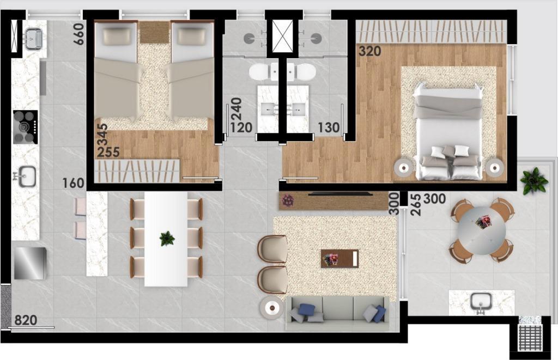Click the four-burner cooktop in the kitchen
[x=25, y=127]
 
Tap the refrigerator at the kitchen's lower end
[x=30, y=263]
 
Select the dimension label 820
[x=26, y=320]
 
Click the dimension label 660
[x=78, y=34]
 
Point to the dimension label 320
[x=370, y=51]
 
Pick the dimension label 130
[x=329, y=127]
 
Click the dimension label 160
[x=74, y=183]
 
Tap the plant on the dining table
[x=167, y=239]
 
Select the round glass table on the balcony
[x=482, y=230]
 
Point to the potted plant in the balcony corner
[x=533, y=181]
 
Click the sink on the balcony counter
[x=481, y=303]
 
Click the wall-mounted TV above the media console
[x=341, y=194]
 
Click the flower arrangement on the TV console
[x=288, y=200]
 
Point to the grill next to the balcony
[x=530, y=336]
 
